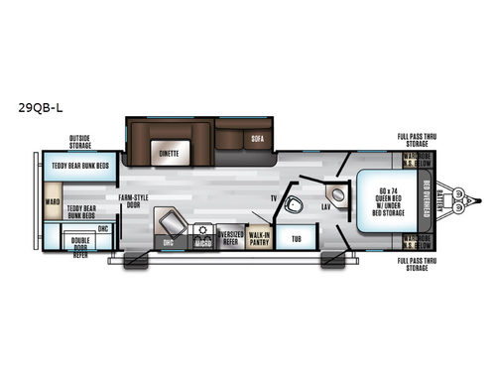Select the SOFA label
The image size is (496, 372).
click(x=256, y=139)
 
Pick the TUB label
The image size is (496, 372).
click(x=295, y=239)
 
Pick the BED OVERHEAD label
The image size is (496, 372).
click(x=426, y=203)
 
